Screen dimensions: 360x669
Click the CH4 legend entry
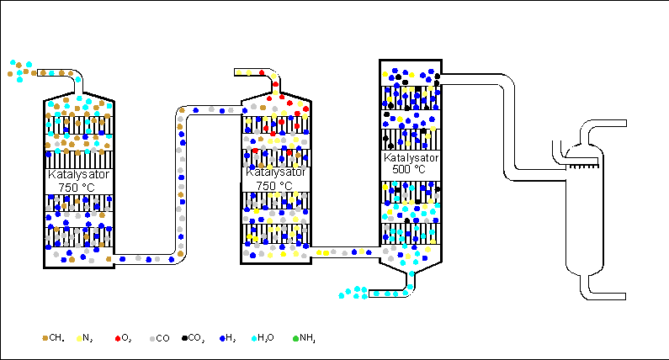(53, 338)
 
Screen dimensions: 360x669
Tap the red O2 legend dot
(119, 338)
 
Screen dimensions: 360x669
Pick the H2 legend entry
(226, 338)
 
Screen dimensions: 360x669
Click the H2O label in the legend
(265, 338)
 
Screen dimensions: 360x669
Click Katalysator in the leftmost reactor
(77, 175)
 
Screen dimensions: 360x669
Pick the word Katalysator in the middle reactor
(273, 172)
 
